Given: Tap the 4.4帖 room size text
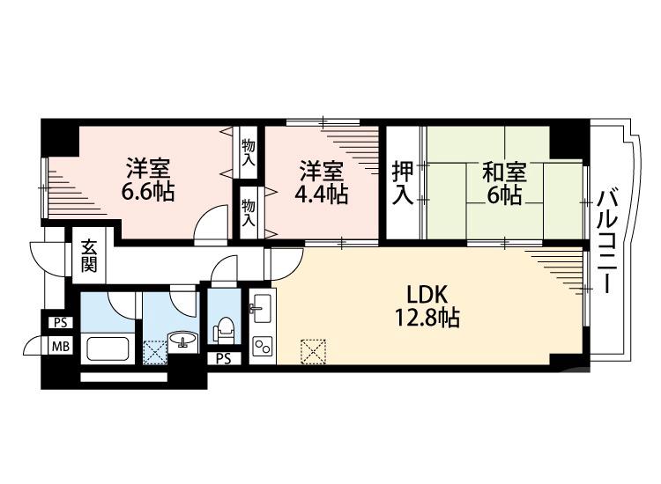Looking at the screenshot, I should tap(322, 194).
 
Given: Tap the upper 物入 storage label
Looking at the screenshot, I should tap(249, 152).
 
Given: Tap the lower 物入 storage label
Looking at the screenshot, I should tap(249, 212).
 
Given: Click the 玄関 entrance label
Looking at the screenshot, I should tap(90, 255).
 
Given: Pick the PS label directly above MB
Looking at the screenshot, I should tap(60, 322).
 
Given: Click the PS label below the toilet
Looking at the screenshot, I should tap(224, 357).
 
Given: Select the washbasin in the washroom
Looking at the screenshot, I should tap(183, 340).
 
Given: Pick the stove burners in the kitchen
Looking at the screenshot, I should tap(262, 345).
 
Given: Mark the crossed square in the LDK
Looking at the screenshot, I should tap(312, 350).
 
